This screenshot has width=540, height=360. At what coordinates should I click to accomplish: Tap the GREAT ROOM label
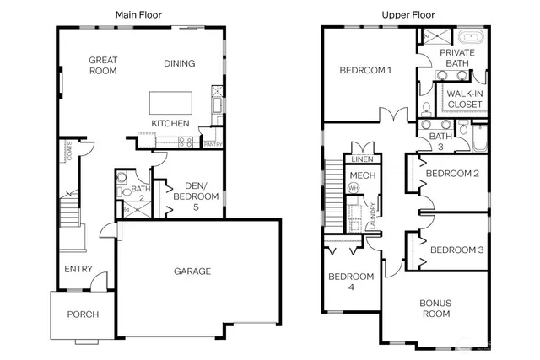click(105, 65)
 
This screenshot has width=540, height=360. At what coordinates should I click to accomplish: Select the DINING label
click(179, 63)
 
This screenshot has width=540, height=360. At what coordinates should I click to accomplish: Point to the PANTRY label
click(213, 144)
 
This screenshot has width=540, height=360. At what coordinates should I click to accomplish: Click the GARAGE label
click(192, 271)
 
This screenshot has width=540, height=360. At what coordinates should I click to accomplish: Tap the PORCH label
click(83, 314)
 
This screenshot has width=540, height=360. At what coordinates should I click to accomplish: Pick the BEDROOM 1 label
click(364, 70)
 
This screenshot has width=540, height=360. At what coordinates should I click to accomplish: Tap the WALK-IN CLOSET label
click(465, 99)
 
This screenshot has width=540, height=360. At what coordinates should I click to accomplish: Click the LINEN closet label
click(362, 159)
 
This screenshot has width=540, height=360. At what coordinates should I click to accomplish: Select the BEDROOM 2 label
click(452, 174)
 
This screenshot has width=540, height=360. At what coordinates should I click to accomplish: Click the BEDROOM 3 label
click(456, 250)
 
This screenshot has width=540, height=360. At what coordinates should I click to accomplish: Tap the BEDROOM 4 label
click(350, 282)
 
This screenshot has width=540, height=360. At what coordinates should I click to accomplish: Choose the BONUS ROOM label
click(435, 308)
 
